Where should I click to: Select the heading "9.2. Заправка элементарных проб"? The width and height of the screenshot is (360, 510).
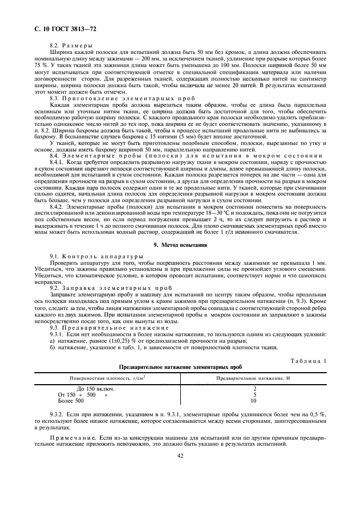click(100, 288)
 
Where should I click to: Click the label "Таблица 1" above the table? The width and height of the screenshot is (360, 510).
click(309, 361)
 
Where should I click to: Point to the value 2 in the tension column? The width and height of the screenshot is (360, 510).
click(255, 388)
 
